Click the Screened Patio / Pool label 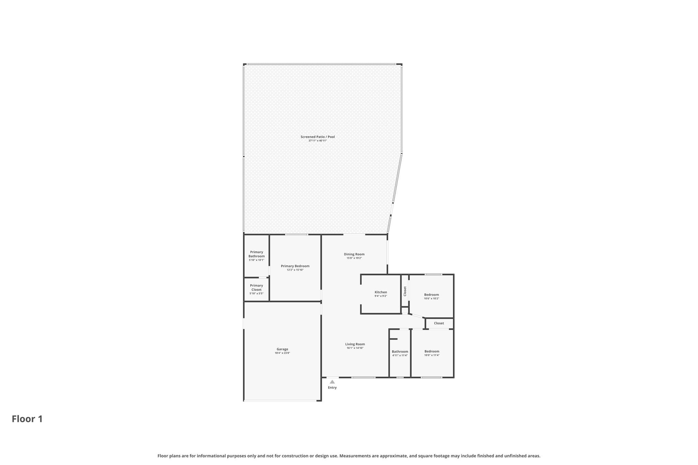tap(317, 137)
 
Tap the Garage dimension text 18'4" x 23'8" tap(282, 353)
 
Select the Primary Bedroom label tap(295, 266)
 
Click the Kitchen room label tap(381, 292)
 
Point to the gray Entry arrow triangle tap(332, 382)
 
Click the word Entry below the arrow tap(332, 388)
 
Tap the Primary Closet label tap(256, 288)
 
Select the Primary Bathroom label tap(256, 254)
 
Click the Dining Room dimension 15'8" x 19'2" tap(354, 258)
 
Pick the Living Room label tap(355, 344)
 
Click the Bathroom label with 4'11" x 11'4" tap(400, 352)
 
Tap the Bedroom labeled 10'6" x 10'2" tap(431, 295)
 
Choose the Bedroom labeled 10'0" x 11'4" tap(431, 351)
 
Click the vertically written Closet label tap(405, 291)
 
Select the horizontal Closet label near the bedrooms tap(439, 323)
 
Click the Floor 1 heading tap(27, 419)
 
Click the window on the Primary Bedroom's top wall tap(297, 234)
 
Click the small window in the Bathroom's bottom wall tap(400, 377)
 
